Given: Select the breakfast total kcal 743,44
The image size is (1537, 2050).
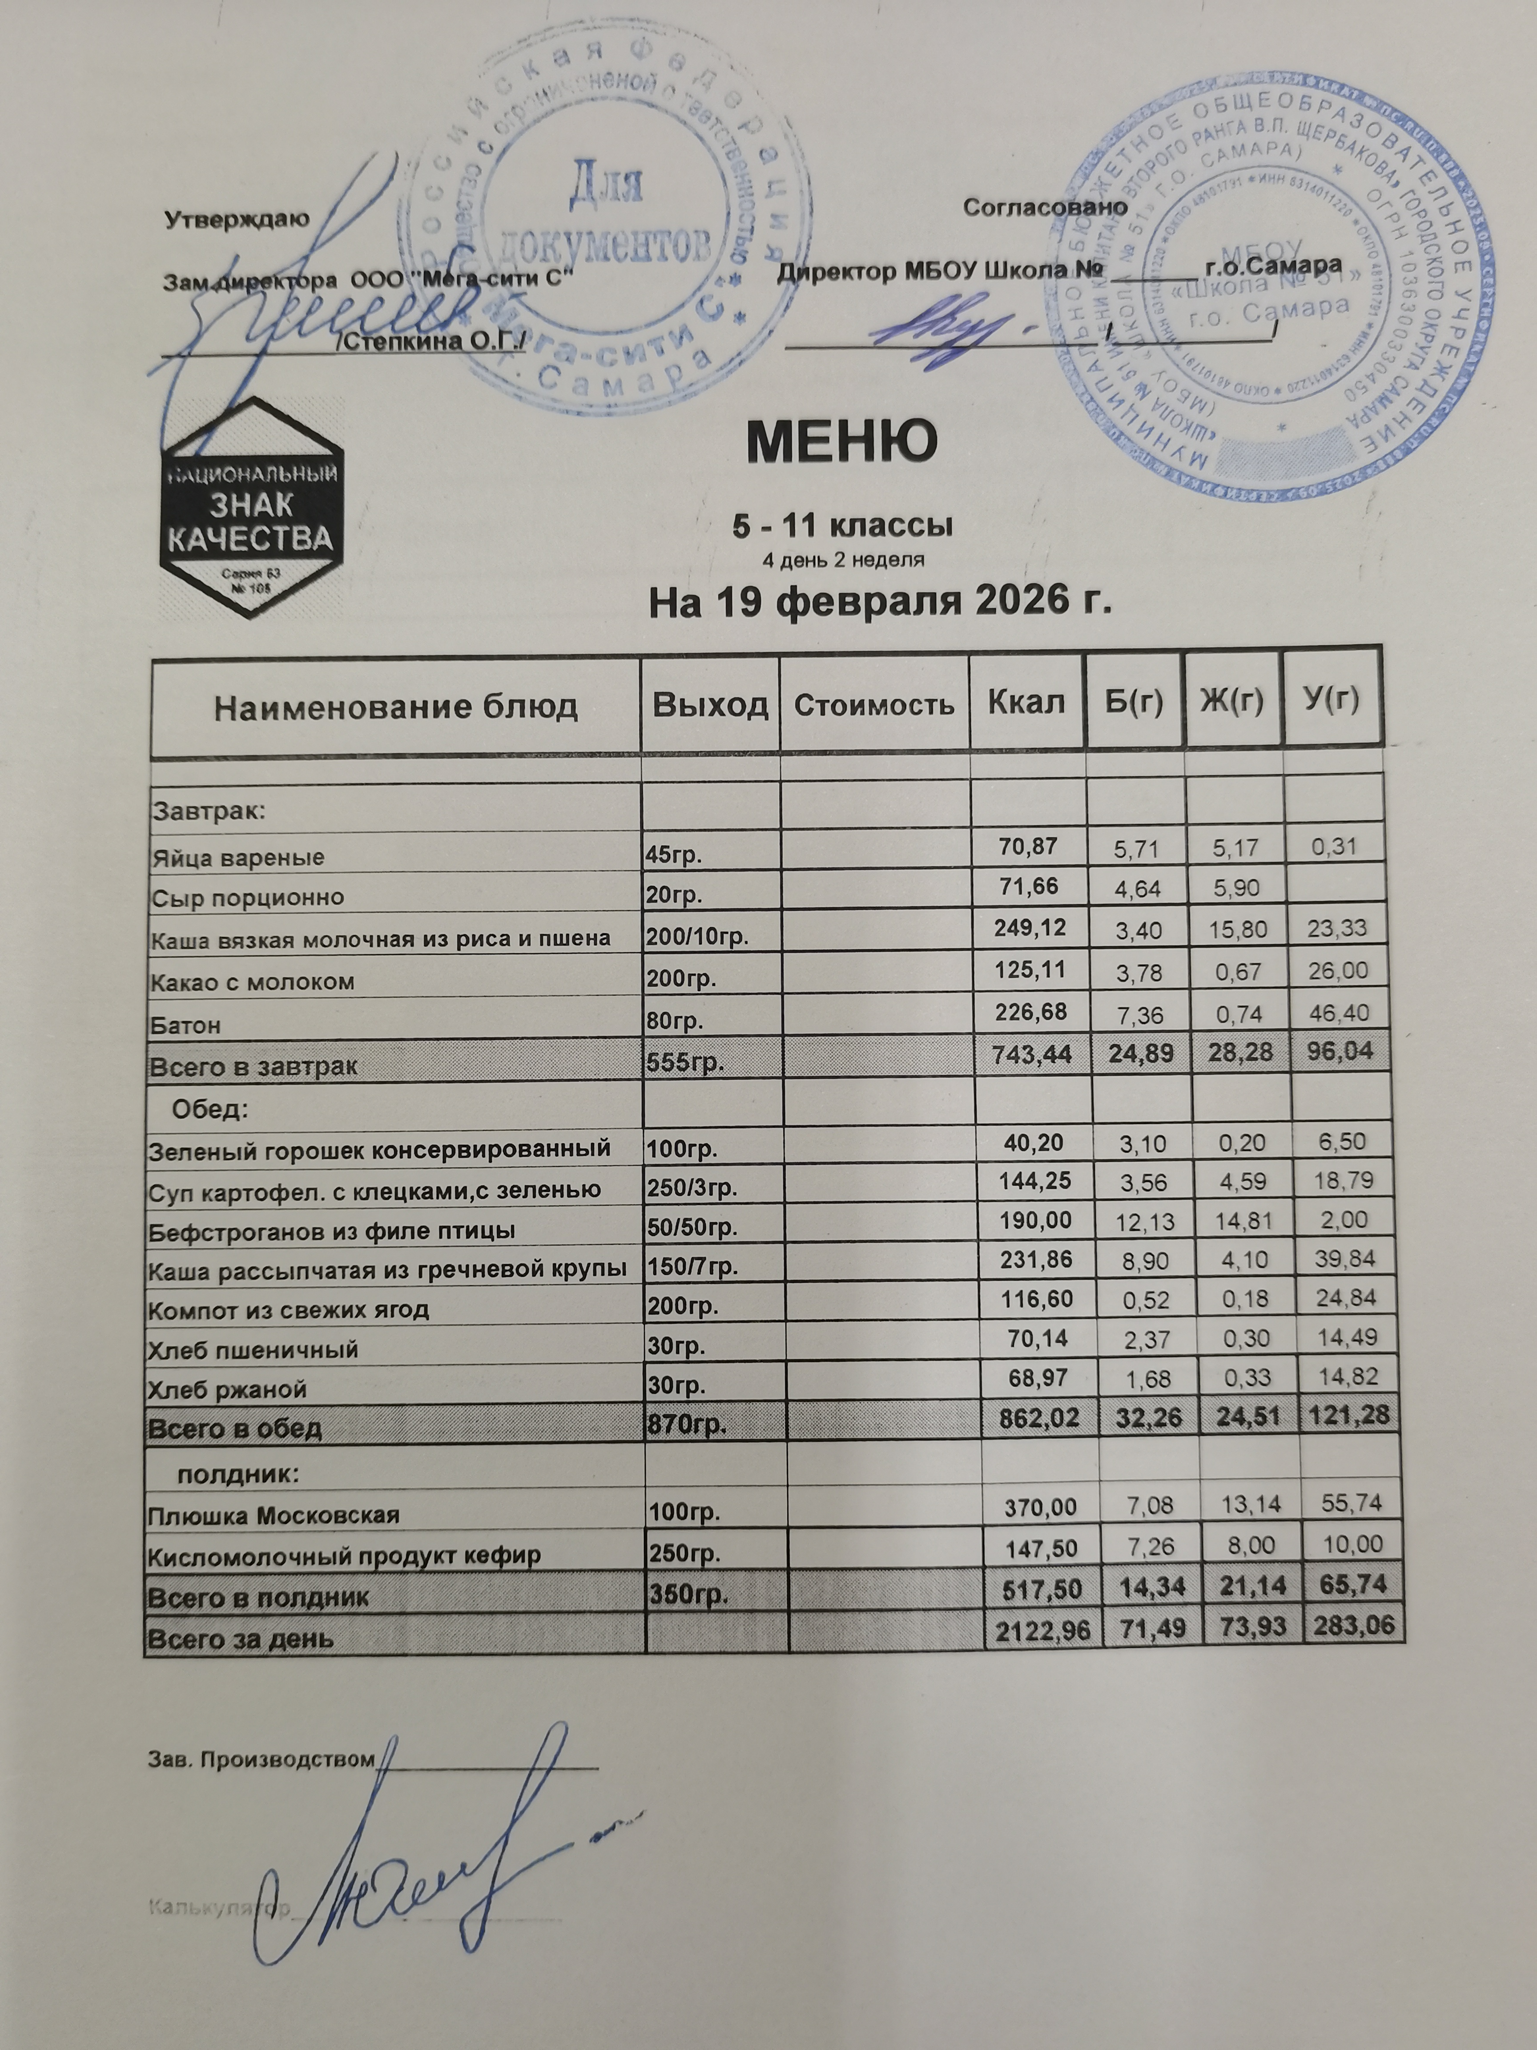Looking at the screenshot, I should (1026, 1052).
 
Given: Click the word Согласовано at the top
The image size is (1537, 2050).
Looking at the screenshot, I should (1045, 208).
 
